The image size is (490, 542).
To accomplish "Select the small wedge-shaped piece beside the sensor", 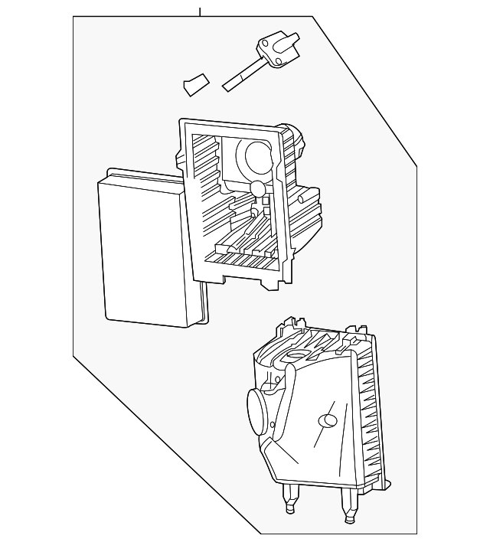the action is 197,84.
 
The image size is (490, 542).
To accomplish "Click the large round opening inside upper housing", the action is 257,156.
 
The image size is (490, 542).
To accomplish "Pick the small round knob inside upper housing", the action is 257,188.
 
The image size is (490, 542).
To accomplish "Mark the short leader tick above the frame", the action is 200,11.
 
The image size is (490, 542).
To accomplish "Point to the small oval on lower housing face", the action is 328,420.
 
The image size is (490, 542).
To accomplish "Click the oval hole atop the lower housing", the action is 296,355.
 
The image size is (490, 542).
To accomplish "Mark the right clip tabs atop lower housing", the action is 355,335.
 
